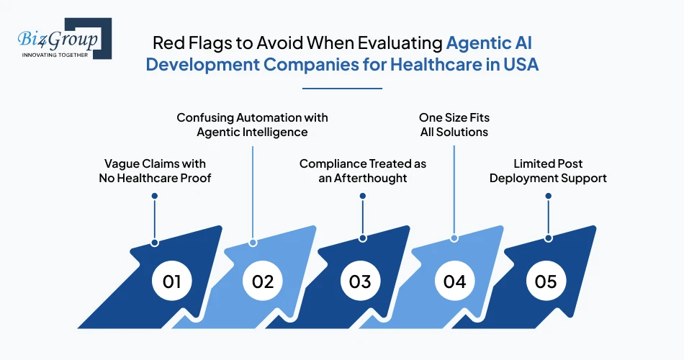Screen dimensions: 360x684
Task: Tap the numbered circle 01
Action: [x=171, y=281]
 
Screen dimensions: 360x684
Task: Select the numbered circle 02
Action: [x=263, y=281]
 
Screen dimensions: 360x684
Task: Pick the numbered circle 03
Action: [x=360, y=281]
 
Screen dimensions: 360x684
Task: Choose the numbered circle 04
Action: [x=454, y=281]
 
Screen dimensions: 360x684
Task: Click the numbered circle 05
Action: [x=546, y=281]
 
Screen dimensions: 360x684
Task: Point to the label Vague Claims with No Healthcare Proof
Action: [x=155, y=171]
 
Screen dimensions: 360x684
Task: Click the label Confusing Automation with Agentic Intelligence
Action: [x=252, y=125]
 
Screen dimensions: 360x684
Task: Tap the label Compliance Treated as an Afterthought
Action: [x=363, y=171]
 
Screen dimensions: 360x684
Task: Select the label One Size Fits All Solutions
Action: [x=454, y=125]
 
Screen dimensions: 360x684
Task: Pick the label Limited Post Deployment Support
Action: [x=548, y=171]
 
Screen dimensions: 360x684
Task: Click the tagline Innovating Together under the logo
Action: [x=55, y=55]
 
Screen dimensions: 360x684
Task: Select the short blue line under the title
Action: [x=342, y=89]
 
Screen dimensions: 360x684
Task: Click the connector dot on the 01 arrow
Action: [x=154, y=243]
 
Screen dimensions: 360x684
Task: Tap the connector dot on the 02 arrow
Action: [x=253, y=243]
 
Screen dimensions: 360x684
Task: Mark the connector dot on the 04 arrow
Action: [x=454, y=238]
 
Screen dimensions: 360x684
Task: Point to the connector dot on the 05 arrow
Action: [x=548, y=238]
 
